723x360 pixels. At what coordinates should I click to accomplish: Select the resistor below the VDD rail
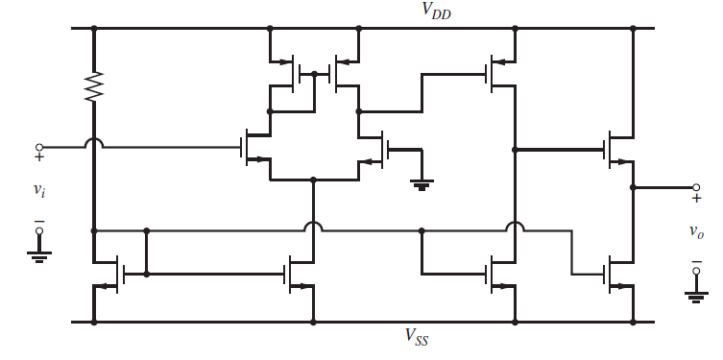click(x=94, y=87)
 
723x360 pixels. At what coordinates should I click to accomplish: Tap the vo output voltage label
click(x=696, y=231)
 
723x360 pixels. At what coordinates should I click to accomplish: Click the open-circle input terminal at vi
click(x=38, y=148)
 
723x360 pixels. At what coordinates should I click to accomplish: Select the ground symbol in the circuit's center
click(x=421, y=184)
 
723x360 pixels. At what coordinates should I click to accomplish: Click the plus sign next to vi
click(x=39, y=159)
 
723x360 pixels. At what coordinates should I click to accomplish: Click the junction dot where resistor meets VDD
click(x=94, y=28)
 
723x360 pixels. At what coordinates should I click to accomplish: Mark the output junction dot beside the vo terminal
click(x=633, y=187)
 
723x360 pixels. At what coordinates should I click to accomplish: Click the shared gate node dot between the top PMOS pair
click(x=314, y=73)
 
